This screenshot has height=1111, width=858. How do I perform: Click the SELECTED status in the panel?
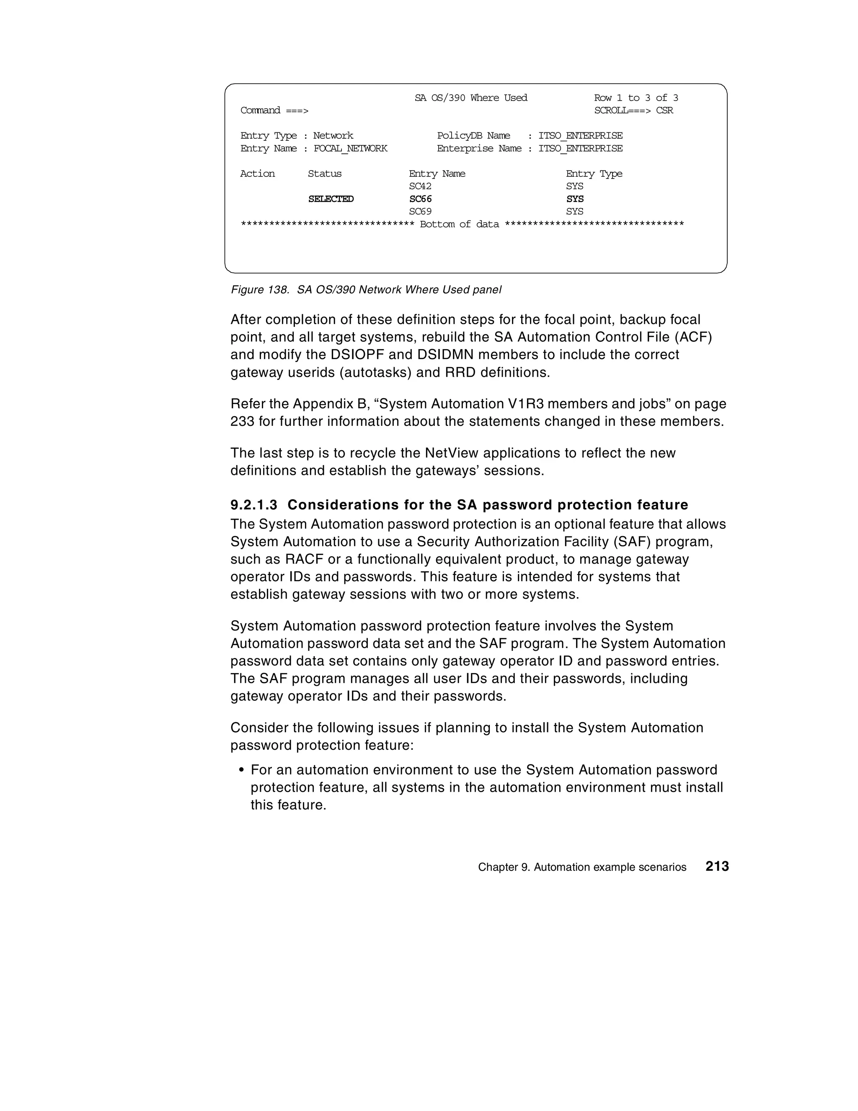[331, 199]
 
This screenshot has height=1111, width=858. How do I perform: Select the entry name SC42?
[420, 186]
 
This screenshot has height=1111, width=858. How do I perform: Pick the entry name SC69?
[420, 212]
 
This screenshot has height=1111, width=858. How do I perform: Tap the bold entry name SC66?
[420, 199]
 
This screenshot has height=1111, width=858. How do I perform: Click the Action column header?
[257, 174]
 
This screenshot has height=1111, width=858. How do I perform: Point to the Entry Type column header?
[594, 174]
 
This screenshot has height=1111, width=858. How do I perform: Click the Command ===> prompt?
[274, 110]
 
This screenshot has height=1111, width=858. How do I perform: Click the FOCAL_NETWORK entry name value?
[350, 148]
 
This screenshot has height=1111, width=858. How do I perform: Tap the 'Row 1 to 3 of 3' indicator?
[636, 98]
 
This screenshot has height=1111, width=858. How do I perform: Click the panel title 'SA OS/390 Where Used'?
[470, 98]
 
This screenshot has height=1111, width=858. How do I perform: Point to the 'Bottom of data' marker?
[459, 224]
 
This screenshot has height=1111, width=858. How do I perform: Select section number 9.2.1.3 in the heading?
[254, 505]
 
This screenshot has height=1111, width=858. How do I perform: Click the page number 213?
[717, 866]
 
